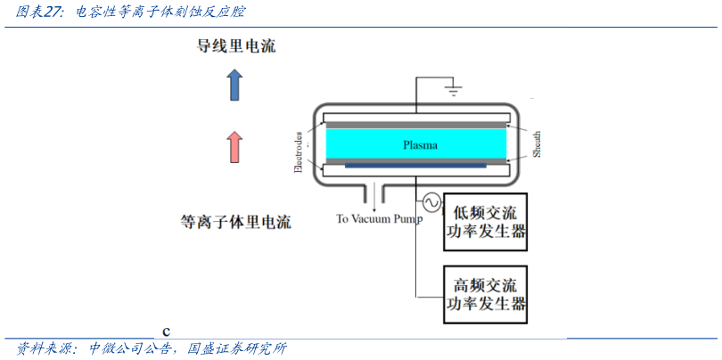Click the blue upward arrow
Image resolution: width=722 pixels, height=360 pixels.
coord(234,86)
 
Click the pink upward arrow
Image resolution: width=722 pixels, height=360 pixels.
coord(234,146)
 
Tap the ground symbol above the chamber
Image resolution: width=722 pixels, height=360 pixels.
coord(453,90)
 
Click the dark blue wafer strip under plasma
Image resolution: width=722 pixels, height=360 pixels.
coord(415,165)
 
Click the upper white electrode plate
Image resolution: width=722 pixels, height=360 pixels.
coord(415,117)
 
